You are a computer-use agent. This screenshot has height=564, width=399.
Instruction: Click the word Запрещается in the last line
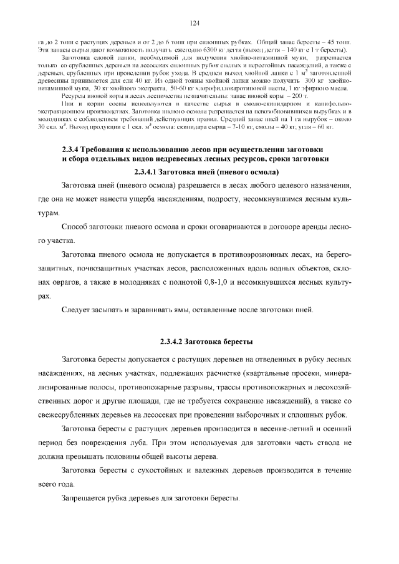85,499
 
